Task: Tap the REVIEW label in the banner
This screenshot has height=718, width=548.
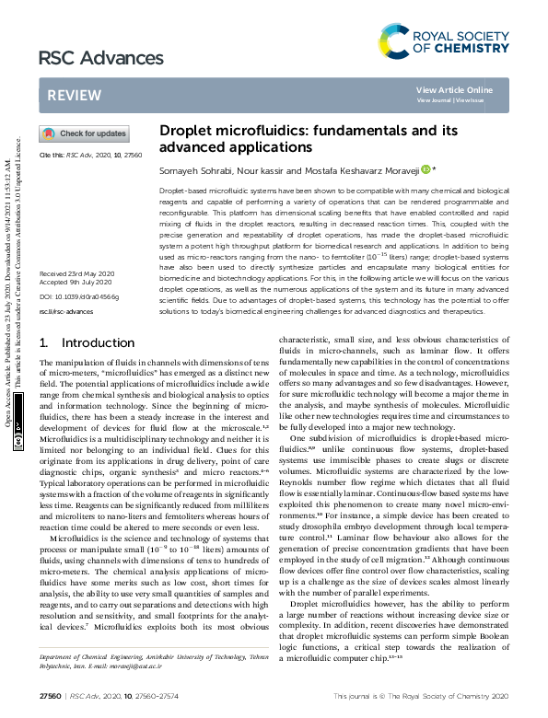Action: coord(68,96)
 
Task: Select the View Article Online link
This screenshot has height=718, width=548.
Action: coord(454,89)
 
